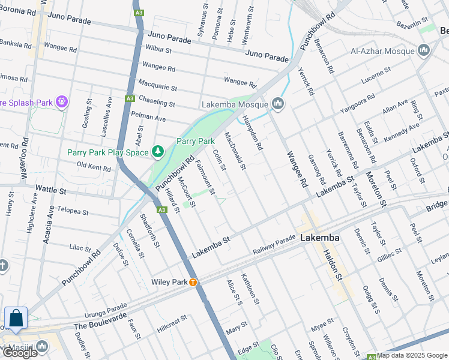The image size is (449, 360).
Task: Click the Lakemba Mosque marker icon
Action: (x=277, y=104)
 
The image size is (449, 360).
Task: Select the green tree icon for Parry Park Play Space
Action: (x=158, y=152)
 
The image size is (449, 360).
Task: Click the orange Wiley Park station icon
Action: (x=193, y=282)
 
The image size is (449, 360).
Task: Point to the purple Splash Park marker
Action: (x=61, y=103)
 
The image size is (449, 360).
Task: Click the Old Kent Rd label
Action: (x=94, y=166)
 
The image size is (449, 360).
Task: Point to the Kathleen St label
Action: (x=250, y=289)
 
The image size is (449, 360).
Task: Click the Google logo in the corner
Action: (x=20, y=353)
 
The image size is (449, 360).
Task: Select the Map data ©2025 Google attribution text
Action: (x=412, y=355)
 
